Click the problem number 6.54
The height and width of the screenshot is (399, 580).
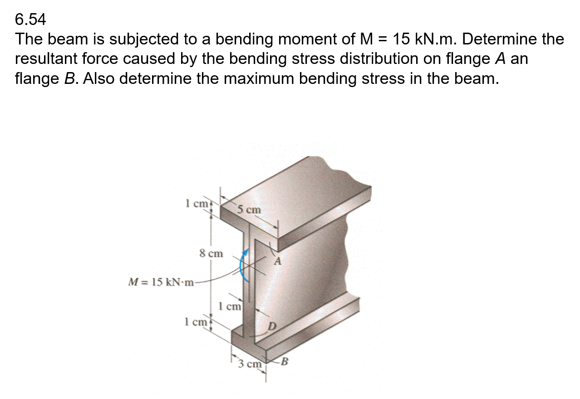tap(30, 19)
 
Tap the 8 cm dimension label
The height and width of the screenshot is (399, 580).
tap(211, 253)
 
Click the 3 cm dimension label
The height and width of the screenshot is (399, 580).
tap(250, 364)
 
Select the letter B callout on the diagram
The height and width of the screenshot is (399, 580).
tap(285, 361)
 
